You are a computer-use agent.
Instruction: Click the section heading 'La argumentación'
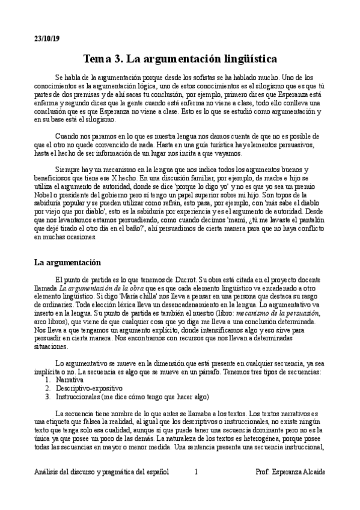67,263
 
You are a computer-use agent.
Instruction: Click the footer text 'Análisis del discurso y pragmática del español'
101,472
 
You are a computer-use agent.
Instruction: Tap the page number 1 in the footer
196,472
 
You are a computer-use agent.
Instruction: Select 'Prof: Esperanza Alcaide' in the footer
290,472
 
